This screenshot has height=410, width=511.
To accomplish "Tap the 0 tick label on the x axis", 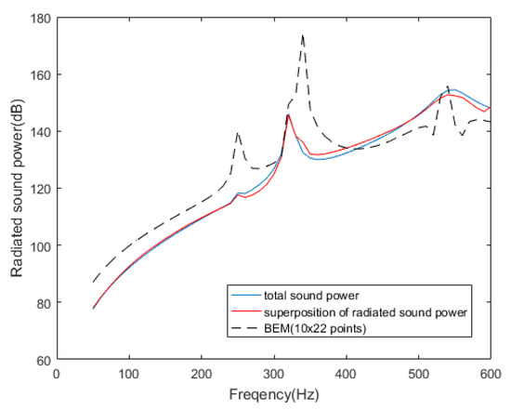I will pos(57,373).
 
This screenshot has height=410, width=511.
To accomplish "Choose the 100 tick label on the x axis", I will pos(129,373).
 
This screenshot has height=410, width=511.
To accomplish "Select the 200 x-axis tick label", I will pos(202,373).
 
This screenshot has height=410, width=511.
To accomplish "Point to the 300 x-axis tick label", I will pos(274,373).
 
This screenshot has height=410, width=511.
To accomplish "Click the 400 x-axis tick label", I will pos(347,373).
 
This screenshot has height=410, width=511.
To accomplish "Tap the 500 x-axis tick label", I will pos(419,373).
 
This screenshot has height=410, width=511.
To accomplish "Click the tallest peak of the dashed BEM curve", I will pos(303,35).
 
